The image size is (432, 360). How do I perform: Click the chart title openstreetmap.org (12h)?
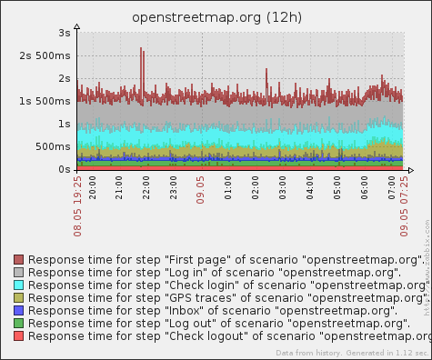click(x=216, y=17)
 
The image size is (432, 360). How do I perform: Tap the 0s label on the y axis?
click(x=63, y=170)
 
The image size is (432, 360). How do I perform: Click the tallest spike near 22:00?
click(x=141, y=50)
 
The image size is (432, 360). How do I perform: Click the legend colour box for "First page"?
click(x=19, y=260)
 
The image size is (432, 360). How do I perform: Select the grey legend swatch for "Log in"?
click(x=19, y=273)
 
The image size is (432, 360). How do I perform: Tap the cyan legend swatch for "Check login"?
click(x=19, y=285)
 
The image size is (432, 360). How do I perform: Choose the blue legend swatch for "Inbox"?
click(x=19, y=311)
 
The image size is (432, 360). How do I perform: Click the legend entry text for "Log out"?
click(x=219, y=324)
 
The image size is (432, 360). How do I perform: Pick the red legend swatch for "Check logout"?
click(x=19, y=336)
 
